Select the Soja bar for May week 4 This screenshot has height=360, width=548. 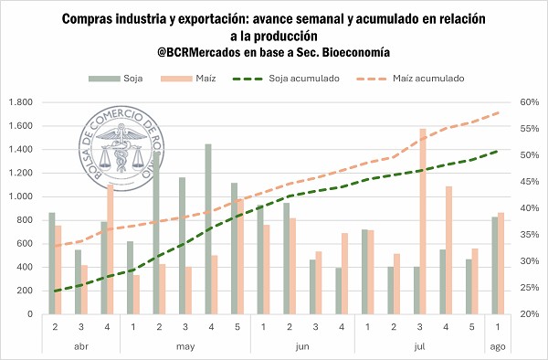(x=208, y=229)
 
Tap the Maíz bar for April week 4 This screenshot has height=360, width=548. (x=111, y=249)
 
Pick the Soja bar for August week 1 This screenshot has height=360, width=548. (x=494, y=265)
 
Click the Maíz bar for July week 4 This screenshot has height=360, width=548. (x=448, y=250)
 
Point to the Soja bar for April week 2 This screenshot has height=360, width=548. (x=52, y=263)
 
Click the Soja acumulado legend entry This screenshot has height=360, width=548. (x=286, y=79)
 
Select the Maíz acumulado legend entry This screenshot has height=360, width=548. (x=410, y=79)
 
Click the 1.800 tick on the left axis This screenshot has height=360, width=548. (x=21, y=102)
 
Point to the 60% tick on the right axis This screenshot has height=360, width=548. (x=529, y=102)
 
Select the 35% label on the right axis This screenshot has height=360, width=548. (x=529, y=235)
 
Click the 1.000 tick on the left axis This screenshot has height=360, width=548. (x=21, y=196)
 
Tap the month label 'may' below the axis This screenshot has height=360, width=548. (x=185, y=346)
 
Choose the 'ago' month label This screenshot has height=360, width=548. (x=498, y=346)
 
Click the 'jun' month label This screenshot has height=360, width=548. (x=302, y=346)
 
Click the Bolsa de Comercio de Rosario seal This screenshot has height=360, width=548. (x=121, y=148)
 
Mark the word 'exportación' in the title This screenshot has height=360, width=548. (x=213, y=19)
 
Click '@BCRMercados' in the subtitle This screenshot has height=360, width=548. (x=198, y=52)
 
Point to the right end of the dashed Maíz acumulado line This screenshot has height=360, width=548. (x=500, y=112)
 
